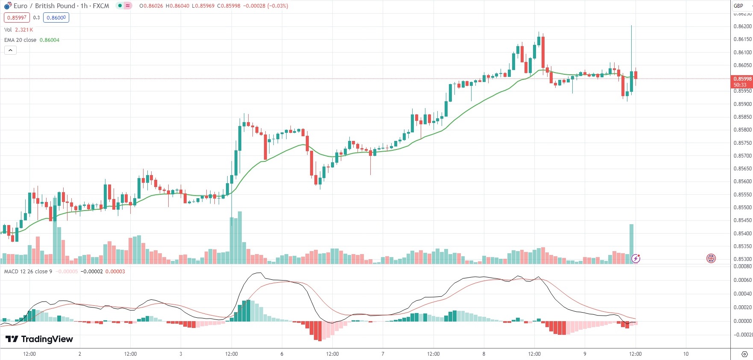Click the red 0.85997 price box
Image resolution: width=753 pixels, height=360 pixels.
(17, 18)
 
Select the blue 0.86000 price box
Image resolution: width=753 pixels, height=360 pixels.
(56, 18)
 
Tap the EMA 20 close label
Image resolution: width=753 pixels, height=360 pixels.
(21, 40)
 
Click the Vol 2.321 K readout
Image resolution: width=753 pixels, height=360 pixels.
(18, 30)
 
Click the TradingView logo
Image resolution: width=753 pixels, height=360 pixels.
(39, 339)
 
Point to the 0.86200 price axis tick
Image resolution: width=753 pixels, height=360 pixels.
(742, 26)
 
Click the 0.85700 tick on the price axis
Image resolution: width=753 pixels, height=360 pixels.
(742, 156)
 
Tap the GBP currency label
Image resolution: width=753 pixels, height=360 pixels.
(738, 6)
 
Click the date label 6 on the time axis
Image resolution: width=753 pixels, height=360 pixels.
(282, 354)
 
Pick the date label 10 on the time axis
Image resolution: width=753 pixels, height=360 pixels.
(686, 354)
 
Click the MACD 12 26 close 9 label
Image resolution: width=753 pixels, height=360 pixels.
(28, 272)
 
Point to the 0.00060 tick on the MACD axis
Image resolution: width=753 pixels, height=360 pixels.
(742, 280)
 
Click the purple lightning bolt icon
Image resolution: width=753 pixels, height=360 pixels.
(636, 258)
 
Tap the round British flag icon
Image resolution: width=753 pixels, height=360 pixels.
(711, 258)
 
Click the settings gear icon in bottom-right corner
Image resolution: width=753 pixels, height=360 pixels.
(744, 354)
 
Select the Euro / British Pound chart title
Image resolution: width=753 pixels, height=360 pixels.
(61, 6)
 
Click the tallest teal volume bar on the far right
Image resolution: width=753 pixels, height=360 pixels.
(631, 243)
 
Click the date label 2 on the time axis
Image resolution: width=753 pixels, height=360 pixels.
(80, 354)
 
